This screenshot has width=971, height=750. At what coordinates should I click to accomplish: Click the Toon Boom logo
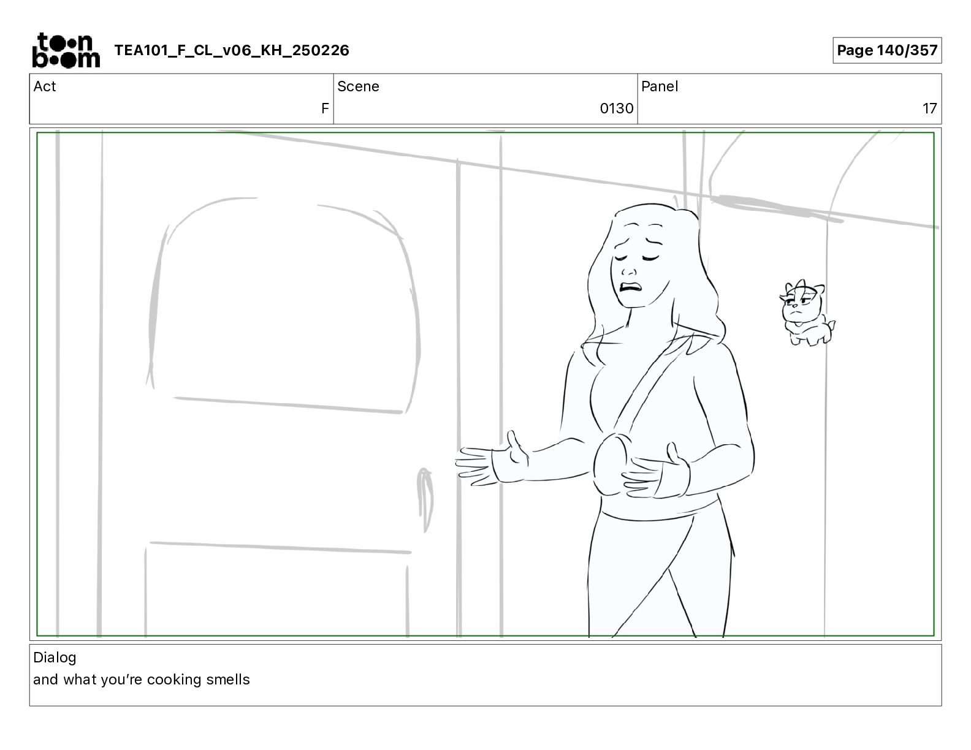(66, 50)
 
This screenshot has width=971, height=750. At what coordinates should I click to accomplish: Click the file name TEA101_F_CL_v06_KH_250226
(232, 50)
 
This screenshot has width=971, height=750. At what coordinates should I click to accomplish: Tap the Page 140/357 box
(887, 50)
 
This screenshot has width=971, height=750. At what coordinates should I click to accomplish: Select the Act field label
(45, 86)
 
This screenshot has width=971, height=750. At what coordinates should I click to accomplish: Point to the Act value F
(325, 108)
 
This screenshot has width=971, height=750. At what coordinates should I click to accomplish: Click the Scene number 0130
(616, 108)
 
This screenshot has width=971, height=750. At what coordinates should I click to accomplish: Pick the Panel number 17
(929, 108)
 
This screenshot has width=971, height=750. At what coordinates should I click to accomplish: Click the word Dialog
(55, 657)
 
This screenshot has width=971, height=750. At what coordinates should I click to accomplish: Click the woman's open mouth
(631, 286)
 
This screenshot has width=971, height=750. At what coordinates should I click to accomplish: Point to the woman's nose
(629, 271)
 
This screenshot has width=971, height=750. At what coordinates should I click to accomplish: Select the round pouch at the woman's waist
(611, 464)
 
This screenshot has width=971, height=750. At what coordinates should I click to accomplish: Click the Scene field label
(358, 86)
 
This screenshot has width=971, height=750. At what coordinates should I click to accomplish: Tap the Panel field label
(660, 86)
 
